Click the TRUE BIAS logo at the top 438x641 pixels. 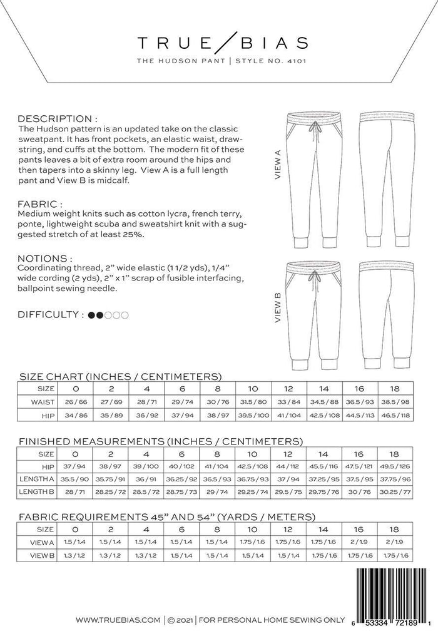tap(223, 43)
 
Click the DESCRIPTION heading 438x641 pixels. tap(57, 118)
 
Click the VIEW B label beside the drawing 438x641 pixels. tap(277, 307)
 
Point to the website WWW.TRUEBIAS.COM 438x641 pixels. tap(118, 620)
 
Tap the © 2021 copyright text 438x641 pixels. tap(180, 620)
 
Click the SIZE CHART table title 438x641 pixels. tap(121, 377)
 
